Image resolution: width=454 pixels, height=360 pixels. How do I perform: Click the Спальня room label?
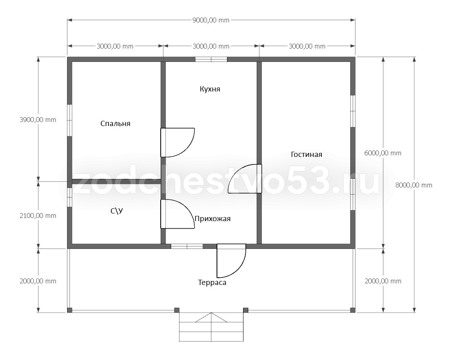point(115,124)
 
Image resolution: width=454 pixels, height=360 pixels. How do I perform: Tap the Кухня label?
point(210,89)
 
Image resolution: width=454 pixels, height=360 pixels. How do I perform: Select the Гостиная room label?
point(306,155)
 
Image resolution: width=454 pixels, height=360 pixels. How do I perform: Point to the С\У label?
point(117,211)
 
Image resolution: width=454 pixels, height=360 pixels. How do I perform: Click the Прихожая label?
point(213,219)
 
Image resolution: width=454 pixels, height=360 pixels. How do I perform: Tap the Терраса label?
point(212,283)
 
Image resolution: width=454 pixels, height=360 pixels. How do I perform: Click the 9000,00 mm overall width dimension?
point(211,20)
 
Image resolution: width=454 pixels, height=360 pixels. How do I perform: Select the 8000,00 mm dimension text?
point(414,185)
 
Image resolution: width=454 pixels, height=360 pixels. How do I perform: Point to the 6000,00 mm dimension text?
point(383,153)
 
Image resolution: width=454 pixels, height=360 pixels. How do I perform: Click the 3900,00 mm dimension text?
point(38,120)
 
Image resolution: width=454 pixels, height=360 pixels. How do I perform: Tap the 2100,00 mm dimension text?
point(38,216)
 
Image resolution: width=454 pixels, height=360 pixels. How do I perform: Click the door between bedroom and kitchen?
point(178,142)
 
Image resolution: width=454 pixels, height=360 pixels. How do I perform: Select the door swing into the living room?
point(245,179)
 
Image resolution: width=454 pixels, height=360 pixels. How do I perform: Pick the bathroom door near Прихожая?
point(178,214)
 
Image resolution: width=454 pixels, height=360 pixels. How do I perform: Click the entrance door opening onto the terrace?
point(231,260)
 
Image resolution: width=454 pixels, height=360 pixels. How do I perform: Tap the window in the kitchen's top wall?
point(211,59)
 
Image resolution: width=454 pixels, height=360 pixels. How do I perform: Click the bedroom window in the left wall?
point(70,120)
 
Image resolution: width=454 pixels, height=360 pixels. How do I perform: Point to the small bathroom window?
point(70,197)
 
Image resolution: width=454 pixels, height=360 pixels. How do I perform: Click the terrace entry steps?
point(211,327)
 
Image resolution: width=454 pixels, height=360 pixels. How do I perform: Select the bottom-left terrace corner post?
point(70,310)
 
